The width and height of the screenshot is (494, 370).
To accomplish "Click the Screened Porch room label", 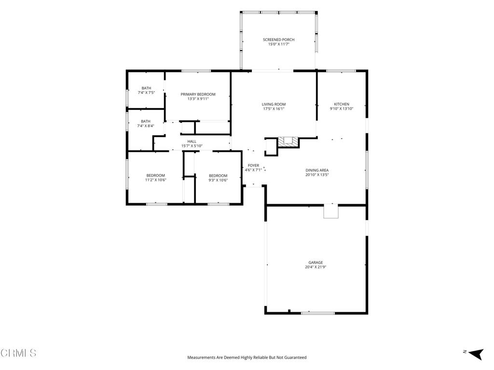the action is (x=278, y=40).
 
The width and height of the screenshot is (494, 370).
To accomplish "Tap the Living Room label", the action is (x=274, y=104).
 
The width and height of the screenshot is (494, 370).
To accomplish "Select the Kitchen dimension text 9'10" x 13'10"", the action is (x=342, y=109).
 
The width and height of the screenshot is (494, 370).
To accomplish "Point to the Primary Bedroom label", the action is (x=198, y=94).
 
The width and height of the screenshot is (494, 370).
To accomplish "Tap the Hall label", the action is (x=192, y=142).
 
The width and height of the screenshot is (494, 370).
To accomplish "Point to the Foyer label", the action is (x=253, y=166).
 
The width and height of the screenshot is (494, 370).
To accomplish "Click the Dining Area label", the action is (x=317, y=170).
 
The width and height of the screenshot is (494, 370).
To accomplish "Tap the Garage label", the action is (x=316, y=263).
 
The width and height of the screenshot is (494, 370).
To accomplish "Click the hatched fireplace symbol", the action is (x=288, y=142).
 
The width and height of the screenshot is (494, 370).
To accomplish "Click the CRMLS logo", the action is (x=18, y=353).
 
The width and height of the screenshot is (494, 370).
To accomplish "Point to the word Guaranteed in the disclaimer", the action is (x=295, y=357).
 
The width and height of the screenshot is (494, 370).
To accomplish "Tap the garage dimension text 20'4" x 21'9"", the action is (x=316, y=267).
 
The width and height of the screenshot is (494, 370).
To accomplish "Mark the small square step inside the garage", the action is (x=331, y=211).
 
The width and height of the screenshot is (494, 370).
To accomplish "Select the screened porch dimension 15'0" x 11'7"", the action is (x=278, y=44).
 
